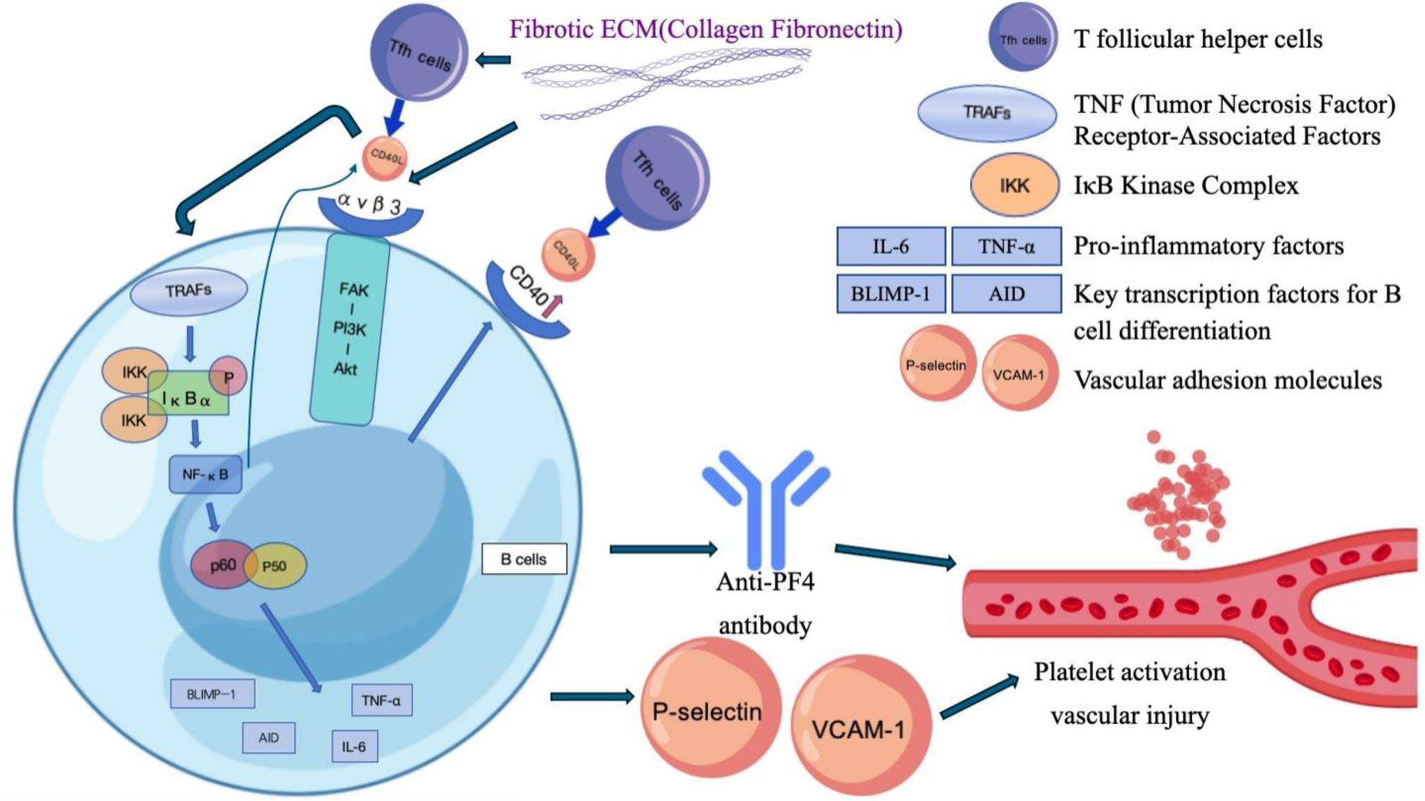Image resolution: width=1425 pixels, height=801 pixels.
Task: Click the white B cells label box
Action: [524, 559]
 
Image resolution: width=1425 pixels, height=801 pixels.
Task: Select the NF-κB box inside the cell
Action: [205, 474]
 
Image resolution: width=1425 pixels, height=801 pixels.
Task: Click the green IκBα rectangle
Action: [187, 398]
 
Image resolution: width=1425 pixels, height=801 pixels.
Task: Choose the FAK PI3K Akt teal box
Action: [349, 330]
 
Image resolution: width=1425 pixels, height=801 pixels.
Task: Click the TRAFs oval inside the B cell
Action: [188, 291]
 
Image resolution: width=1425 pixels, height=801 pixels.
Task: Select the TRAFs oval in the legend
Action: [987, 113]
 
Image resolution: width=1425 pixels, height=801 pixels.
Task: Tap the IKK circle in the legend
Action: [1014, 186]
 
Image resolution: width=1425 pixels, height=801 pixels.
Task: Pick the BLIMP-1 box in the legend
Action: [891, 294]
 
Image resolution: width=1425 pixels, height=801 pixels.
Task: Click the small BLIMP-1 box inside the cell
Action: [212, 694]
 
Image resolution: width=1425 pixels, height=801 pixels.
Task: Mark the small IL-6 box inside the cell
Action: [354, 747]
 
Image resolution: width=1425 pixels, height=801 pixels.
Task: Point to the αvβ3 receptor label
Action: [370, 205]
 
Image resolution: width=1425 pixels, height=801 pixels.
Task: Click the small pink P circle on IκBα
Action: [229, 376]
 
